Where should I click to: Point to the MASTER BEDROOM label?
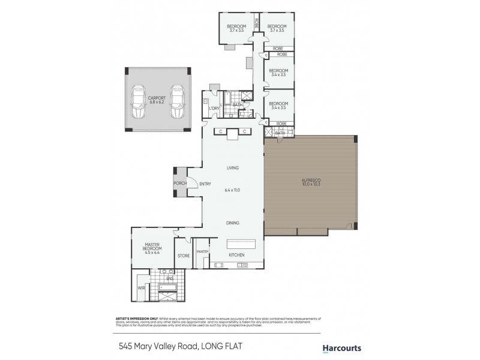(152, 247)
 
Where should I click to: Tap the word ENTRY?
(205, 184)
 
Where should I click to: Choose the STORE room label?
(184, 256)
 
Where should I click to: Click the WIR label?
(142, 288)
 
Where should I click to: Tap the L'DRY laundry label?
(214, 108)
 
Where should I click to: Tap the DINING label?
(233, 223)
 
